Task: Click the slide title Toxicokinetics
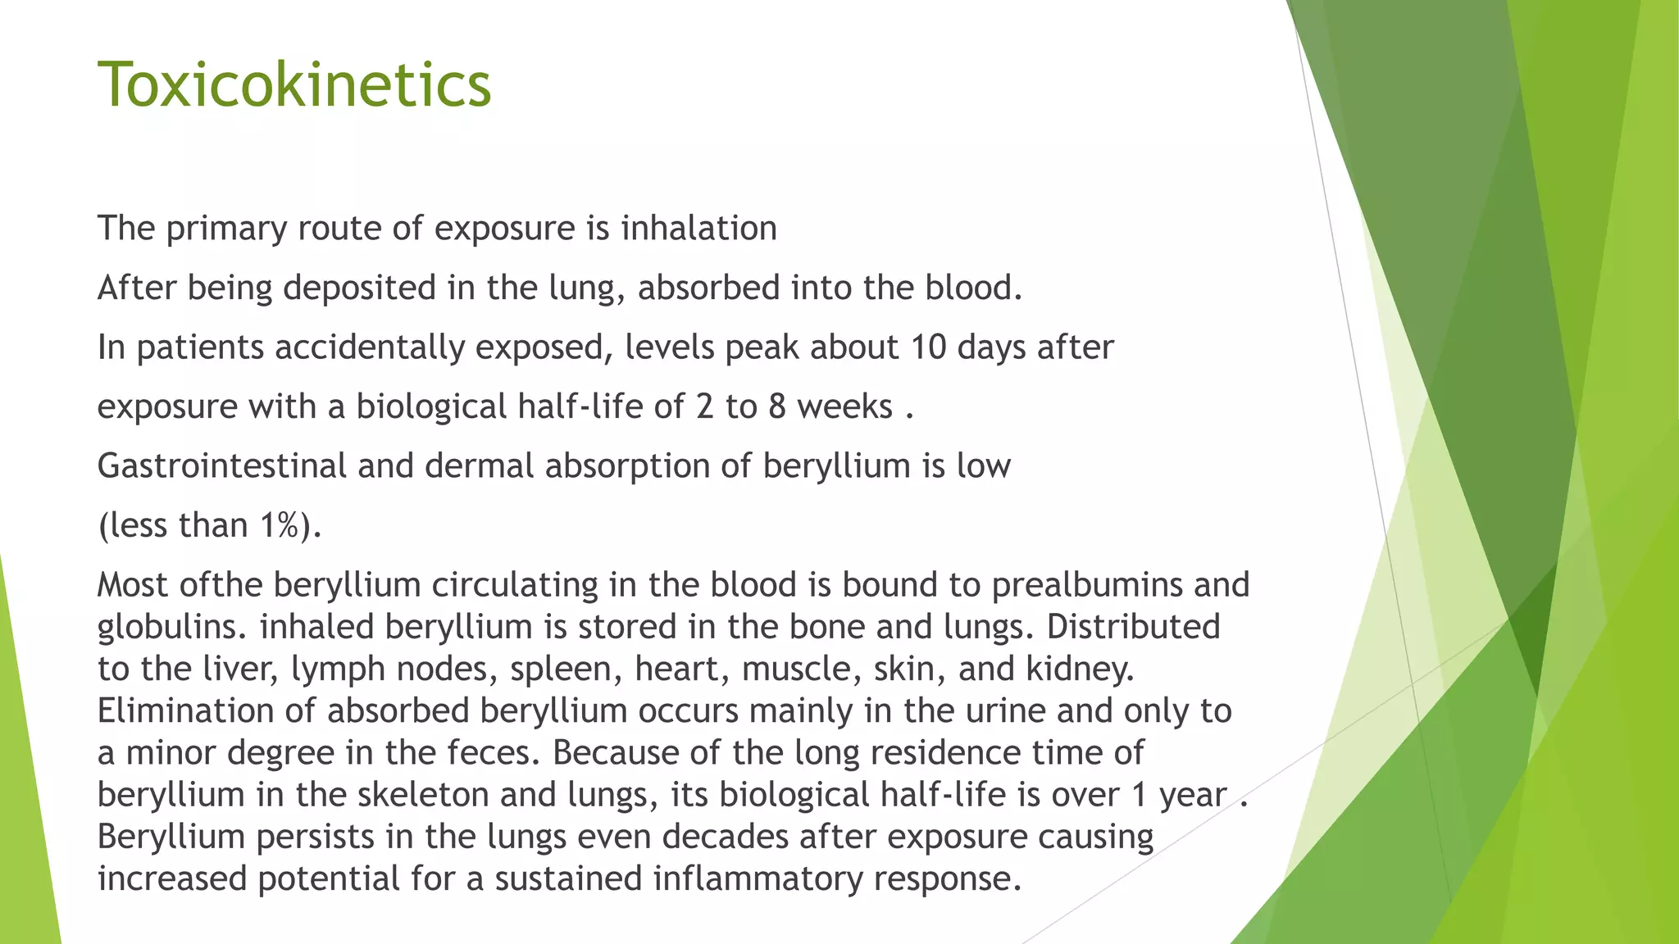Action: tap(294, 84)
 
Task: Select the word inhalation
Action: tap(698, 228)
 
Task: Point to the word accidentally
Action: tap(370, 347)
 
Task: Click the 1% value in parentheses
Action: tap(279, 525)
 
